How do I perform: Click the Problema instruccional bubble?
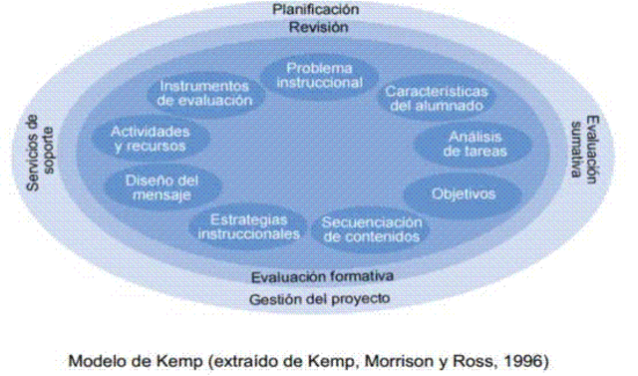click(319, 76)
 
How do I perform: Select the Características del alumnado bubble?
click(437, 98)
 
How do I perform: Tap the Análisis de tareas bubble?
click(474, 144)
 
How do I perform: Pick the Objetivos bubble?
click(463, 194)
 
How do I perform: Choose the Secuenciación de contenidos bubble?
click(371, 230)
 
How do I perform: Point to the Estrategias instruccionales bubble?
click(248, 227)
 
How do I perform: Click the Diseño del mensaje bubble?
click(162, 188)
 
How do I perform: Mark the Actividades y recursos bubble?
click(151, 139)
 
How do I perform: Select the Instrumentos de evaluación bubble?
click(204, 93)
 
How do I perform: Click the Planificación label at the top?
click(316, 9)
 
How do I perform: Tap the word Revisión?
click(319, 27)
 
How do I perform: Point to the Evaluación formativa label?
click(322, 276)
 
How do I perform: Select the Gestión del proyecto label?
click(319, 299)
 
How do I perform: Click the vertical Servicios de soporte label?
click(40, 153)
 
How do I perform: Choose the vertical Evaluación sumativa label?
click(585, 150)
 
